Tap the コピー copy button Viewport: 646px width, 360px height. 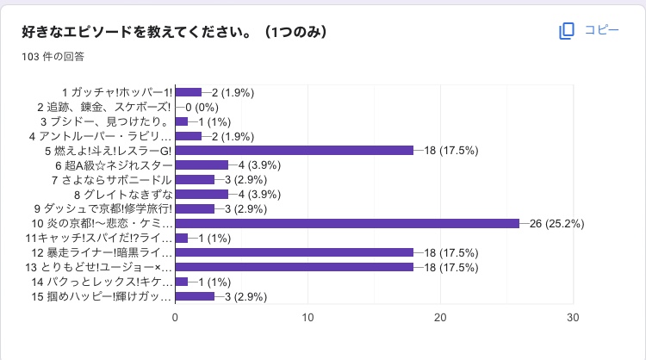click(x=590, y=30)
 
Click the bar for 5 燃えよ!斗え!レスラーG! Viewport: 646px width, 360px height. click(x=294, y=150)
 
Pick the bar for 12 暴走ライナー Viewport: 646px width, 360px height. click(x=294, y=252)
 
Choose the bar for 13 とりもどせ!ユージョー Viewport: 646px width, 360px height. click(x=294, y=267)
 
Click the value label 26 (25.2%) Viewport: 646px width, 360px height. click(x=554, y=223)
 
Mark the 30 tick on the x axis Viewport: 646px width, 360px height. click(x=573, y=317)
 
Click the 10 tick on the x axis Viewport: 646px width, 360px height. click(x=307, y=317)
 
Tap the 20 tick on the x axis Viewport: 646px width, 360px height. click(x=440, y=317)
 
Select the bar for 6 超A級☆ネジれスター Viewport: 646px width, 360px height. click(x=202, y=164)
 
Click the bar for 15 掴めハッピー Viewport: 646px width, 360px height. click(x=195, y=296)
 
